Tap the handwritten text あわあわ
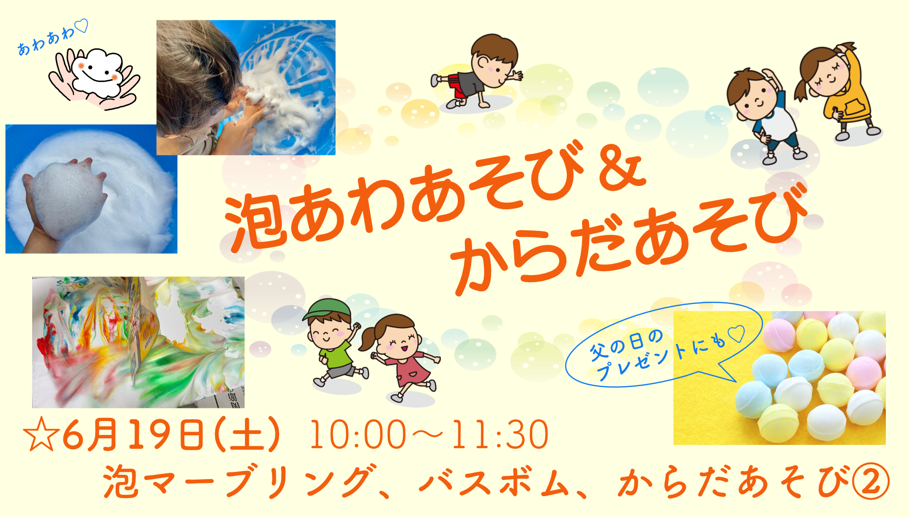coord(46,40)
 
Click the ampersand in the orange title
coord(622,169)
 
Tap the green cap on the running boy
coord(327,309)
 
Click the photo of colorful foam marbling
coord(138,342)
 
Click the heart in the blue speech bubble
coord(736,334)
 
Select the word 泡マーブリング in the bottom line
coord(237,482)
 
